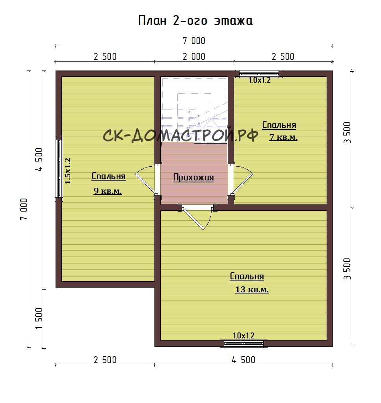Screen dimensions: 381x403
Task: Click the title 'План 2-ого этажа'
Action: tap(195, 21)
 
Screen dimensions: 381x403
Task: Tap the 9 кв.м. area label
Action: tap(108, 191)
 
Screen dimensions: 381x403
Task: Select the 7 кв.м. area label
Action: tap(283, 137)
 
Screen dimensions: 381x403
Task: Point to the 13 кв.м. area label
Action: tap(252, 290)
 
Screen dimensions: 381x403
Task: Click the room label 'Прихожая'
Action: tap(193, 177)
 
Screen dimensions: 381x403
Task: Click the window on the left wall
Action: tap(59, 169)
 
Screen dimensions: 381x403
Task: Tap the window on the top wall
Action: tap(259, 74)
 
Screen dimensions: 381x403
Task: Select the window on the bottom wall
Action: tap(243, 344)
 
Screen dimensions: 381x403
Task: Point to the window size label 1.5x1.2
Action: tap(68, 171)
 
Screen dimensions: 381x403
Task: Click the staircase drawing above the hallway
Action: tap(194, 109)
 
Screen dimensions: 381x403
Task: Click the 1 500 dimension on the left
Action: tap(39, 318)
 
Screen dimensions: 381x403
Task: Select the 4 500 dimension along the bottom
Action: tap(243, 360)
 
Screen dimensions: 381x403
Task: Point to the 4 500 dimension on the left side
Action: tap(39, 160)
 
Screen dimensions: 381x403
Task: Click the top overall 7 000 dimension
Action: tap(194, 41)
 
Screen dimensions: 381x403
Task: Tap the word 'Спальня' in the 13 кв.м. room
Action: tap(247, 276)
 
